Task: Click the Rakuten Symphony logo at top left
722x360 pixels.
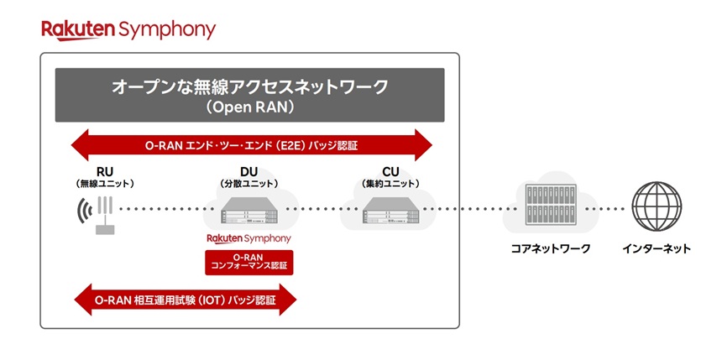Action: (x=128, y=30)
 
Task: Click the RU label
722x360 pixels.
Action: (x=105, y=171)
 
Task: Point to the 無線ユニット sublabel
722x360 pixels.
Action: (x=105, y=183)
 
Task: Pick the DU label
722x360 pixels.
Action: (x=249, y=171)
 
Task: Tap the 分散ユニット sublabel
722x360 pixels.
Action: (x=249, y=183)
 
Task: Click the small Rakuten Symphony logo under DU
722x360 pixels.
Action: (x=249, y=239)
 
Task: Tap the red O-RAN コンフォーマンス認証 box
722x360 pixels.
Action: (x=249, y=261)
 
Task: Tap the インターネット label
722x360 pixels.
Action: (x=657, y=248)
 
